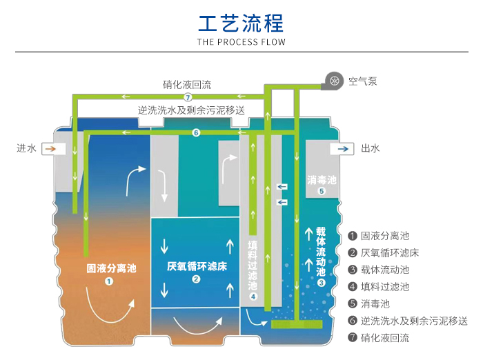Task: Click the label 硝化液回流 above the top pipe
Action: click(x=187, y=85)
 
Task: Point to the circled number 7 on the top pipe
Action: click(x=188, y=98)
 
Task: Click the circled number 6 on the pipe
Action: click(x=196, y=133)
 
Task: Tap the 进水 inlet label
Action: click(x=26, y=148)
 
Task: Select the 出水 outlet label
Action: click(x=371, y=148)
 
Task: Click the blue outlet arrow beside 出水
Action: click(x=343, y=148)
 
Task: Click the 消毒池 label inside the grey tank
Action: click(x=321, y=180)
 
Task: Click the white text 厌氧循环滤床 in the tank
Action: click(x=197, y=266)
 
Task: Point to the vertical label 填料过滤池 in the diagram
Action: click(x=253, y=265)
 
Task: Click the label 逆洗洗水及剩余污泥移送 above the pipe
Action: click(x=191, y=110)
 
